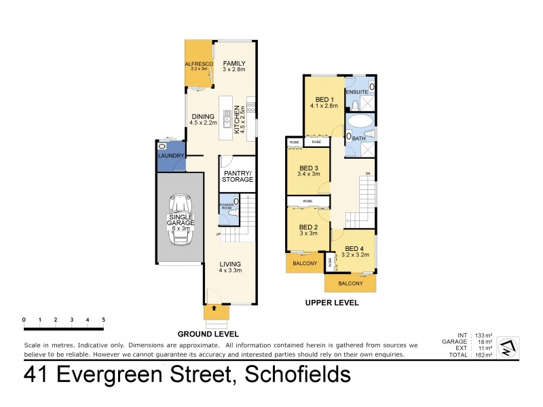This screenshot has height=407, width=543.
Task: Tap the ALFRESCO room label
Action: [199, 64]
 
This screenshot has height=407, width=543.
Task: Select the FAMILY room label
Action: [234, 63]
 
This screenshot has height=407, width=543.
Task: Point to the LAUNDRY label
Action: [170, 156]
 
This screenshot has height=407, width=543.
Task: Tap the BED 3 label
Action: [308, 168]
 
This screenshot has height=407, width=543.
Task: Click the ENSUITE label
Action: [358, 92]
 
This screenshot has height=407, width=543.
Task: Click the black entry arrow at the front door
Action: [214, 309]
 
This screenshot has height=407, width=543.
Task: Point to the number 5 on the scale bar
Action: [103, 319]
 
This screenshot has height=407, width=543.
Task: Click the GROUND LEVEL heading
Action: [208, 334]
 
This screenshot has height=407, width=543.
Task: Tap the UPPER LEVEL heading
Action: [332, 303]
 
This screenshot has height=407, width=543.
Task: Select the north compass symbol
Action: [508, 349]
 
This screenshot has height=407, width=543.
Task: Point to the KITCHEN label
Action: [237, 121]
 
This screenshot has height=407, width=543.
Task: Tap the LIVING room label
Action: [231, 264]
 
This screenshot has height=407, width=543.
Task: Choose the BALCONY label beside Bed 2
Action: [305, 263]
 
